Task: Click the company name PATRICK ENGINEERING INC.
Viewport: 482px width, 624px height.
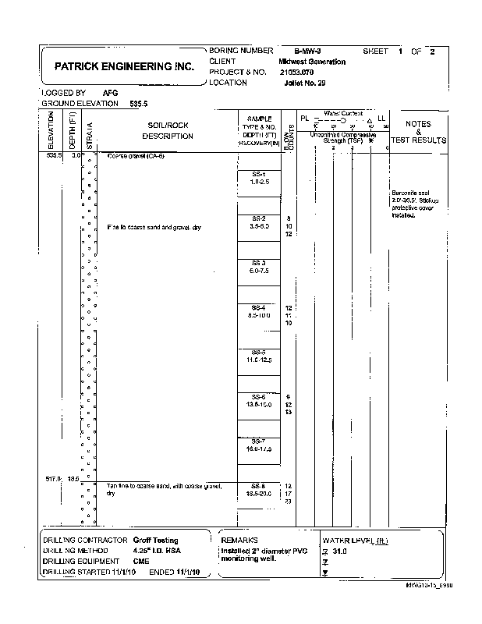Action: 125,67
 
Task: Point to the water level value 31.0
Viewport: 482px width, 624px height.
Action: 338,551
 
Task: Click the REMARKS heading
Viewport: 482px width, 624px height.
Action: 239,540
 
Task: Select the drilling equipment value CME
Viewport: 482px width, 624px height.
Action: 140,561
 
